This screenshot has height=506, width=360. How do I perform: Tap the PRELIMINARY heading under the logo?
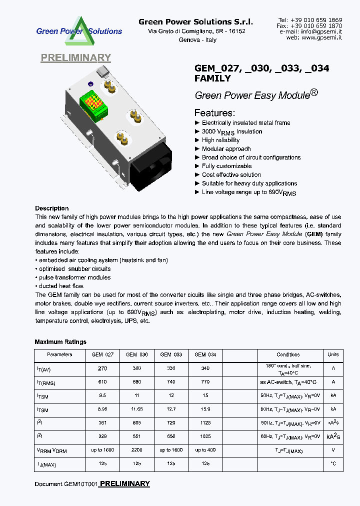point(75,58)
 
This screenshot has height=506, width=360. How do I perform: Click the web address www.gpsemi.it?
point(321,37)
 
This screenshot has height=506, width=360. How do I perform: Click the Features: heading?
point(214,112)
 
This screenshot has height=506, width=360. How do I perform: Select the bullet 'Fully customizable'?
point(226,166)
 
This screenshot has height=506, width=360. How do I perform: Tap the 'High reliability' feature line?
point(220,140)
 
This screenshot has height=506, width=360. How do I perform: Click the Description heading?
point(52,208)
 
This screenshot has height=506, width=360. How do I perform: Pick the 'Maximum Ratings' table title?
point(60,342)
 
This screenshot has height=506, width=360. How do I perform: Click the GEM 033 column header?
point(171,354)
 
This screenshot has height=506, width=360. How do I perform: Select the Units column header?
point(333,354)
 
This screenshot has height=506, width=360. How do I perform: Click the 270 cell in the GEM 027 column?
point(102,368)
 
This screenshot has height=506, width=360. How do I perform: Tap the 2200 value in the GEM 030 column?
point(137,450)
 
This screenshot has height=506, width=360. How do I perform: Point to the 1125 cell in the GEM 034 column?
point(205,423)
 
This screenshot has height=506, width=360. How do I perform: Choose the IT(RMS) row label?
point(46,383)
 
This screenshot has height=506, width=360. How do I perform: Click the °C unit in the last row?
point(333,464)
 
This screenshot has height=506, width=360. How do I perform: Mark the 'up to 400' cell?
point(205,450)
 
